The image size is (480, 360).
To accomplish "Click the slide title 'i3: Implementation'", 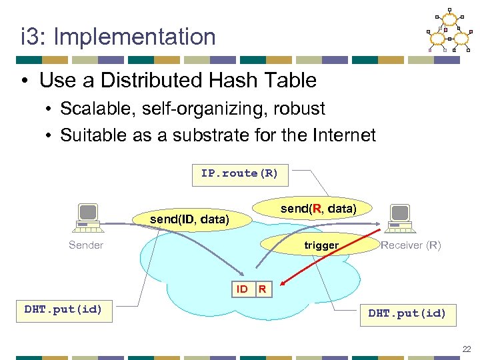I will tap(118, 37).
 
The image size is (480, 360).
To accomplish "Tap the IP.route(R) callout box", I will tap(239, 173).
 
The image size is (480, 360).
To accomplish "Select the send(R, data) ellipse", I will tap(318, 209).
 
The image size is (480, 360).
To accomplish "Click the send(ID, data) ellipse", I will tap(189, 219).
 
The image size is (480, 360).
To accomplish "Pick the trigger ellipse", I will tap(321, 245).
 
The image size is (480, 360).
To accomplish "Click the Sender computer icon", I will tap(87, 218).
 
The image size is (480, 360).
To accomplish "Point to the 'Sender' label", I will tap(86, 245).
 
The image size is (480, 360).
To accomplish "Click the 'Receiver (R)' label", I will tap(411, 245).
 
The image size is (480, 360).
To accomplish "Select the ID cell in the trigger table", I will tap(243, 289).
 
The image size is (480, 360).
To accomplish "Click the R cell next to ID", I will tap(263, 289).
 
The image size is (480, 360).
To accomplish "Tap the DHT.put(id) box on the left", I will tap(63, 309).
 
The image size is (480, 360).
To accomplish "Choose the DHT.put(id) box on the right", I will tap(407, 313).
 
